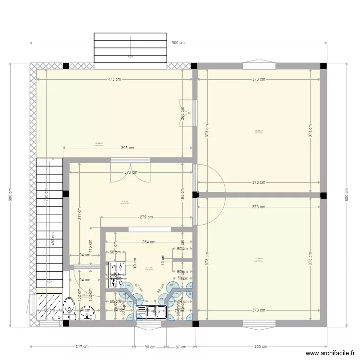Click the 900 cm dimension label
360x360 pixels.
tap(178, 43)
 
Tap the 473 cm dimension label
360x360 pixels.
tap(114, 80)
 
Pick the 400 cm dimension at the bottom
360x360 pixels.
tap(260, 347)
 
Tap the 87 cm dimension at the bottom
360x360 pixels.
tap(180, 347)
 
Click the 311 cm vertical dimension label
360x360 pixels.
tap(79, 214)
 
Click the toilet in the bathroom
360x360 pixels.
tap(70, 306)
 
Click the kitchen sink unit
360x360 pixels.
tap(151, 312)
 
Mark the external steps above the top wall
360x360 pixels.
tap(130, 48)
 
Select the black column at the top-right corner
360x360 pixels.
tap(324, 66)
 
